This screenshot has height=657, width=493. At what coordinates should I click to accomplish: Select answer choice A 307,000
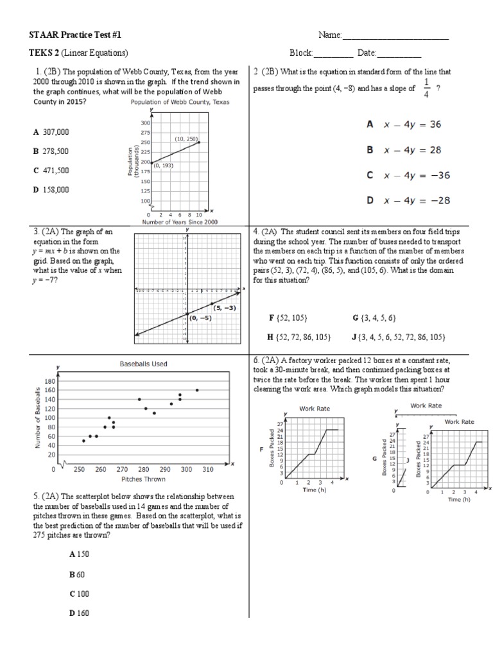(51, 132)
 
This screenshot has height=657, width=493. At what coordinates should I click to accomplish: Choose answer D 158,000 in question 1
(51, 190)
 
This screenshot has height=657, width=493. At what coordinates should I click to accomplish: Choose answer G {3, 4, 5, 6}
(374, 318)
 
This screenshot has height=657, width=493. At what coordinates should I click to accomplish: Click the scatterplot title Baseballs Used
(144, 364)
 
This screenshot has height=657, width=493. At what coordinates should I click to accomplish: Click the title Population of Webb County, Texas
(180, 102)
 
